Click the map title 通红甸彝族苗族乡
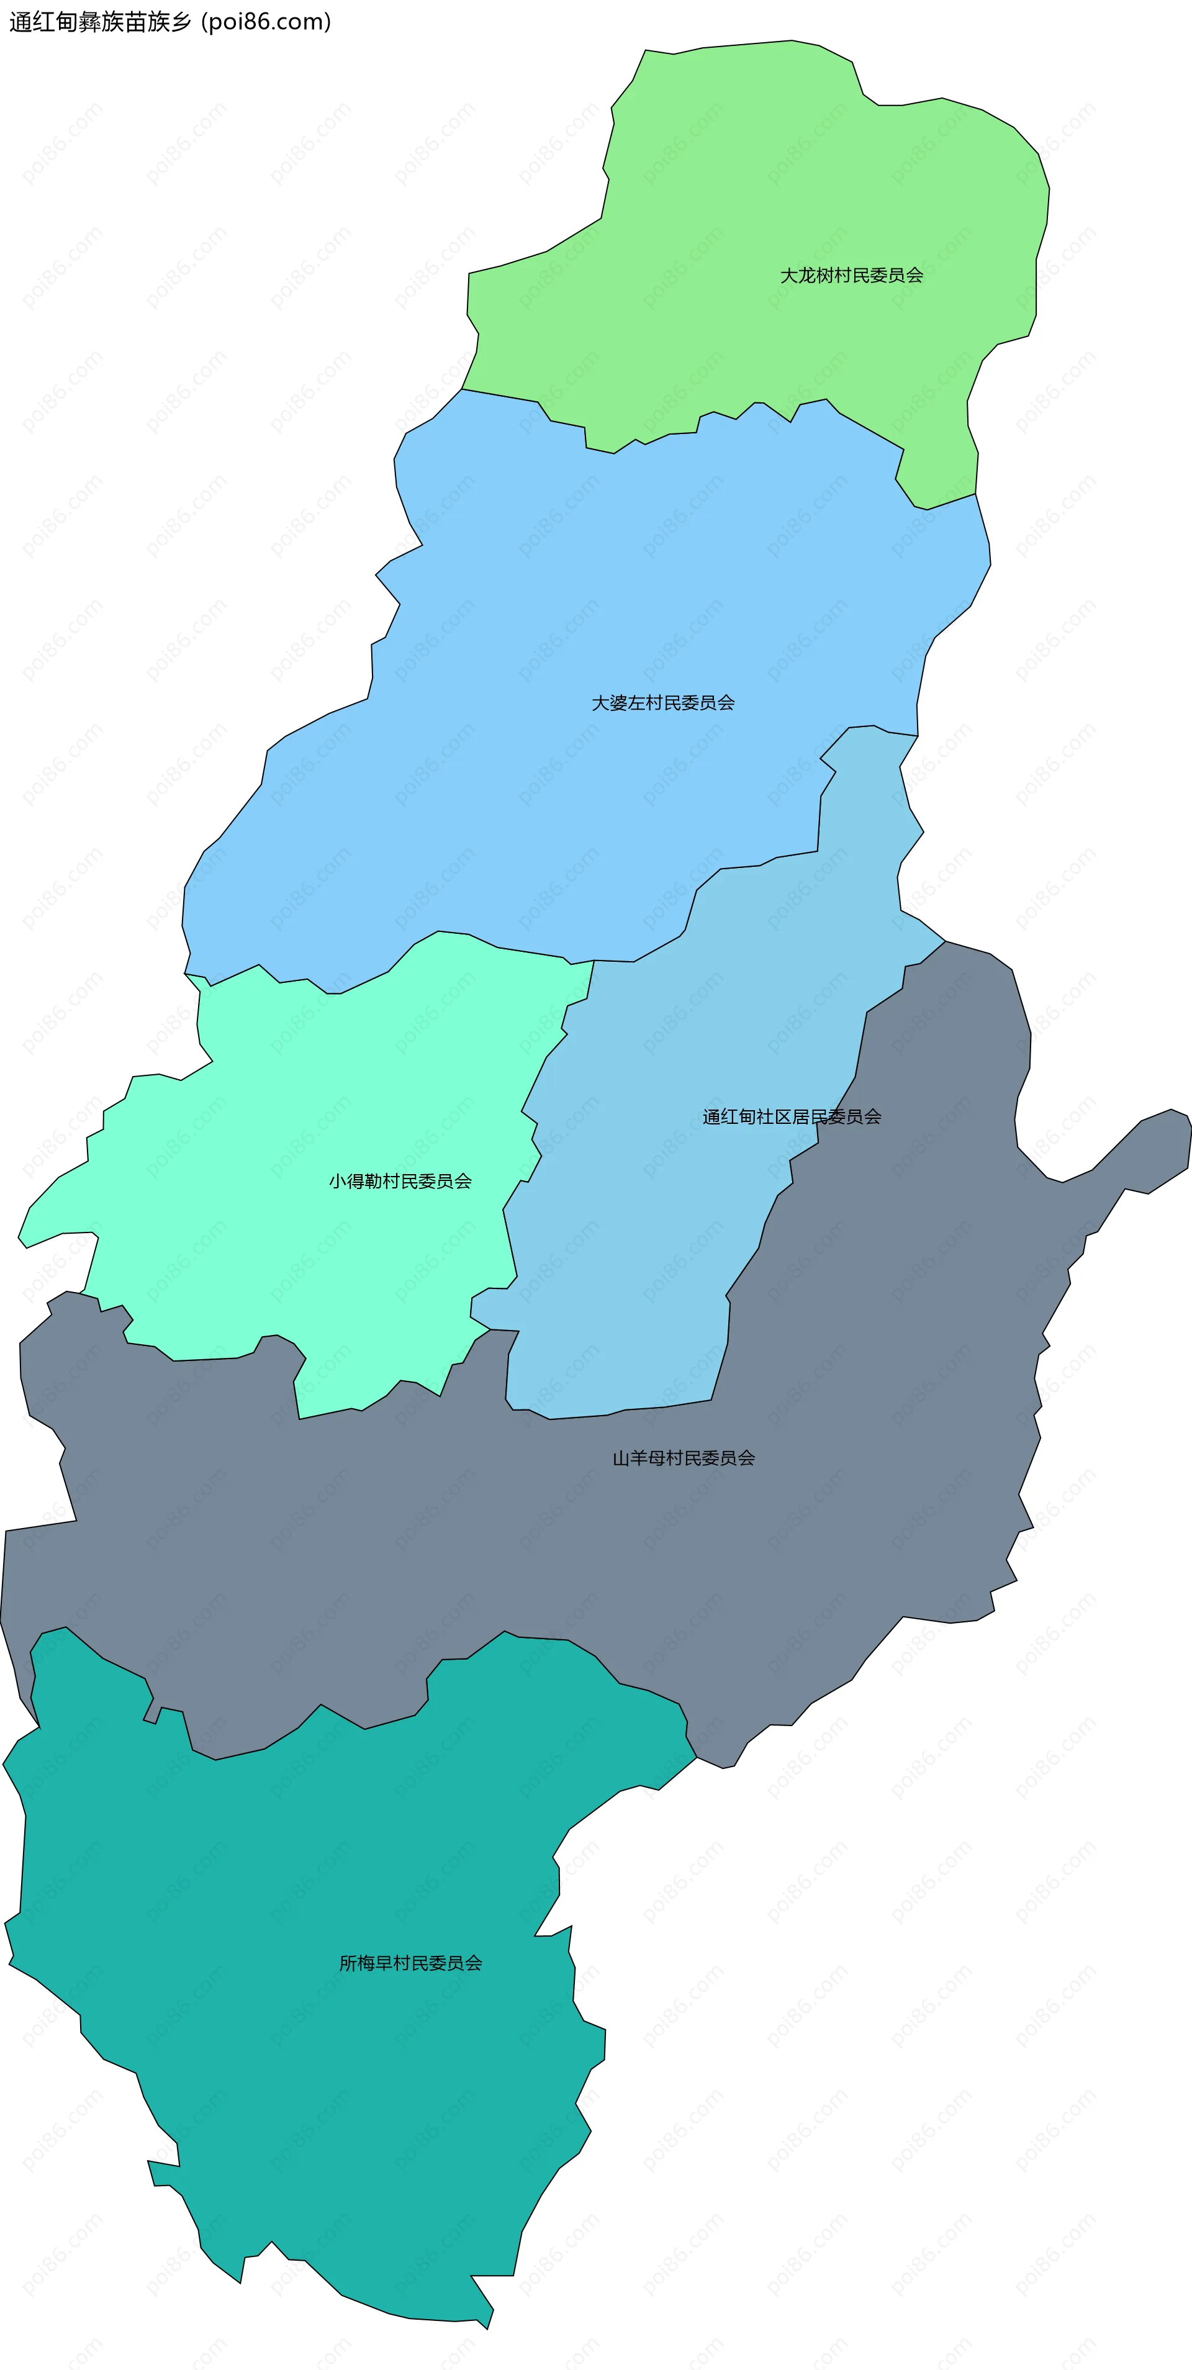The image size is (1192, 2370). pyautogui.click(x=99, y=22)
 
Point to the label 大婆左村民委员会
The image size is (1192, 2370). pyautogui.click(x=662, y=703)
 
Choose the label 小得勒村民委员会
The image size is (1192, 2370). pyautogui.click(x=400, y=1182)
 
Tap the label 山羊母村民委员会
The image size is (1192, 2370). pyautogui.click(x=684, y=1459)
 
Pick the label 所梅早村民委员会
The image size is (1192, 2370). pyautogui.click(x=410, y=1963)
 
